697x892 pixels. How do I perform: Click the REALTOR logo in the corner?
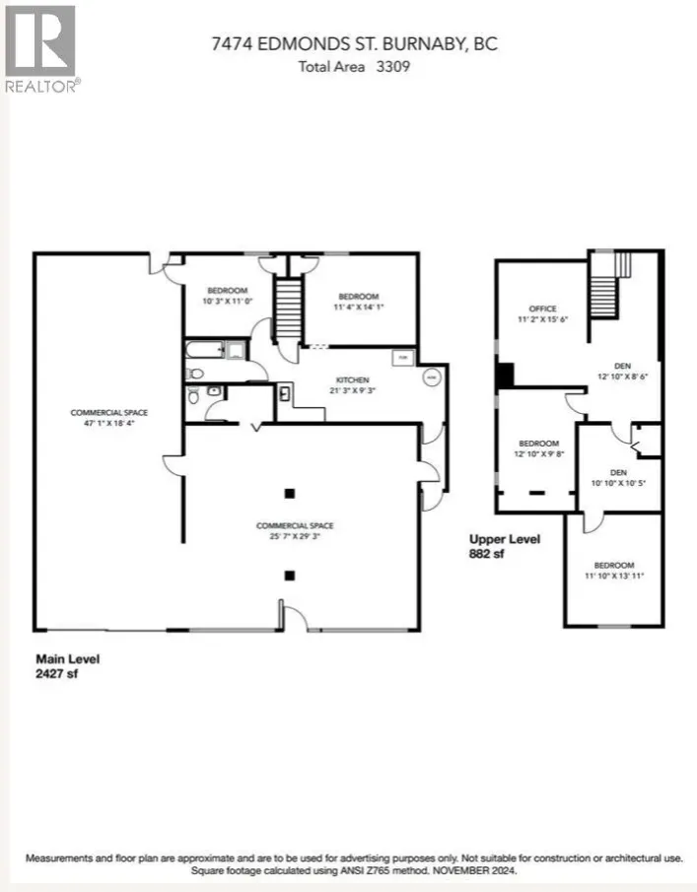(40, 47)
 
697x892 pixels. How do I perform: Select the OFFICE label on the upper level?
(543, 309)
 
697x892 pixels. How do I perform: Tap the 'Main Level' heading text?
(68, 658)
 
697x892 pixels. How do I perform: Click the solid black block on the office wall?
(505, 376)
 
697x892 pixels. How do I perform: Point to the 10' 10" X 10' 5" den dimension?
(618, 483)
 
